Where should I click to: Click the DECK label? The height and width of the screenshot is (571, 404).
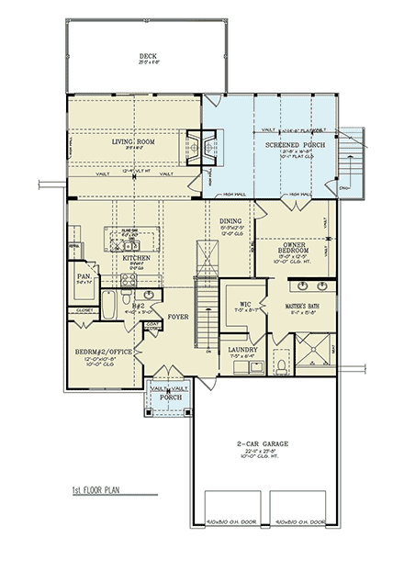pyautogui.click(x=142, y=54)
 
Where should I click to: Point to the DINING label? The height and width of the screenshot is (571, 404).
pyautogui.click(x=230, y=220)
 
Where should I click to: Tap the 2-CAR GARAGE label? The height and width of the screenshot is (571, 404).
pyautogui.click(x=263, y=443)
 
